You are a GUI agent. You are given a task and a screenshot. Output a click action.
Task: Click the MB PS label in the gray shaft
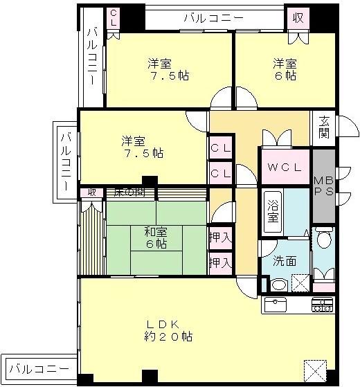pyautogui.click(x=323, y=184)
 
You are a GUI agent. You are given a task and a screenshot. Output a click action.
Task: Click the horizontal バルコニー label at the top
pyautogui.click(x=213, y=18)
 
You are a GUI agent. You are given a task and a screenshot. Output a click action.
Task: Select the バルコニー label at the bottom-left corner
pyautogui.click(x=39, y=368)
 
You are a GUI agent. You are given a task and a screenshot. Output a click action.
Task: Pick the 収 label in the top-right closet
pyautogui.click(x=297, y=17)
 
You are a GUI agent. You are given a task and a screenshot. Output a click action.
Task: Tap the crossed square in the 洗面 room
pyautogui.click(x=300, y=283)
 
